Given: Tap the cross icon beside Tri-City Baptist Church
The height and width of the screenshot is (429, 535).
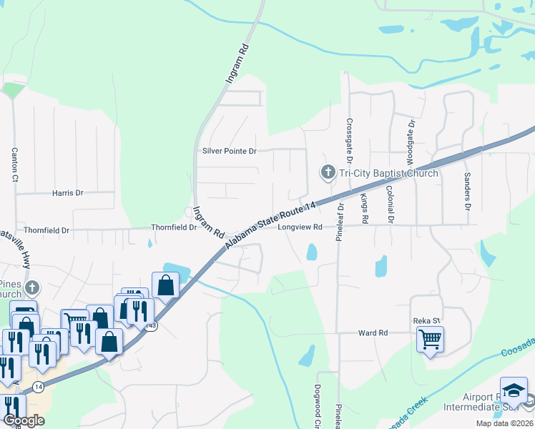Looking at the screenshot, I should click(328, 172).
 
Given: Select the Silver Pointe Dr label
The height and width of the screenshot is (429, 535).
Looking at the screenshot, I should click(229, 152).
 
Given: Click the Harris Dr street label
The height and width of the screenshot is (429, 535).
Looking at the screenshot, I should click(68, 193).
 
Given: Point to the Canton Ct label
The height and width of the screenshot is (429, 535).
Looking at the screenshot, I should click(14, 165).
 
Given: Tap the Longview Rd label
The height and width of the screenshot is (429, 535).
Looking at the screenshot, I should click(300, 227).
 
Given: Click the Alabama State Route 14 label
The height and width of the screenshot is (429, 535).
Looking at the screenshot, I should click(271, 225).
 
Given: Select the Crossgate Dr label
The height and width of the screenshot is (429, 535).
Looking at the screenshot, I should click(349, 143).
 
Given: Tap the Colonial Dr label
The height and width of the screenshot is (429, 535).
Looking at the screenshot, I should click(390, 205).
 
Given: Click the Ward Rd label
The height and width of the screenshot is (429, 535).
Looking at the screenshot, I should click(373, 333).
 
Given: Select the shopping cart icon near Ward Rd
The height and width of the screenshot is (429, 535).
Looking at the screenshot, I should click(429, 338).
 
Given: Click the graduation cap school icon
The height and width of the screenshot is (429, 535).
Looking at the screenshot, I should click(514, 390).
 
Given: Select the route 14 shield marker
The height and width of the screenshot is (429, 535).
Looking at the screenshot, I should click(36, 386).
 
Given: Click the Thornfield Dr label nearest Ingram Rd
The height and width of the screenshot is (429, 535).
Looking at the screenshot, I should click(173, 227).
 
